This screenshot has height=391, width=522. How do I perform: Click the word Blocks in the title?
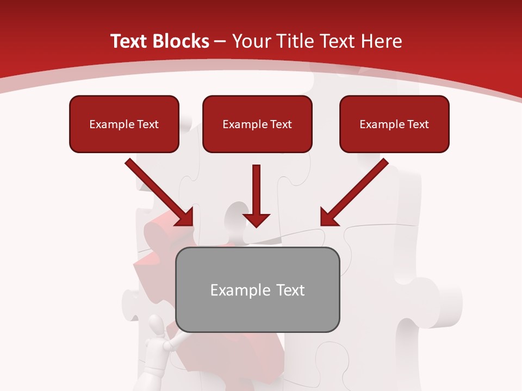pos(181,41)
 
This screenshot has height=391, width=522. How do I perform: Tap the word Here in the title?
pos(381,41)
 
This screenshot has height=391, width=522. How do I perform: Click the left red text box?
pos(124,124)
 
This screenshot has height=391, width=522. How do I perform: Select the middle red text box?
pos(257,124)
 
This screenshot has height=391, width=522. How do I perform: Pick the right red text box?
pos(394,124)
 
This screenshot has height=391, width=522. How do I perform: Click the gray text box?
pos(258,289)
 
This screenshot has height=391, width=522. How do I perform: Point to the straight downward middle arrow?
pos(257,195)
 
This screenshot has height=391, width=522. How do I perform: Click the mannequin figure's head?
pos(156,326)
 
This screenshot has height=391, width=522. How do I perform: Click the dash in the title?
pos(220,41)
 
